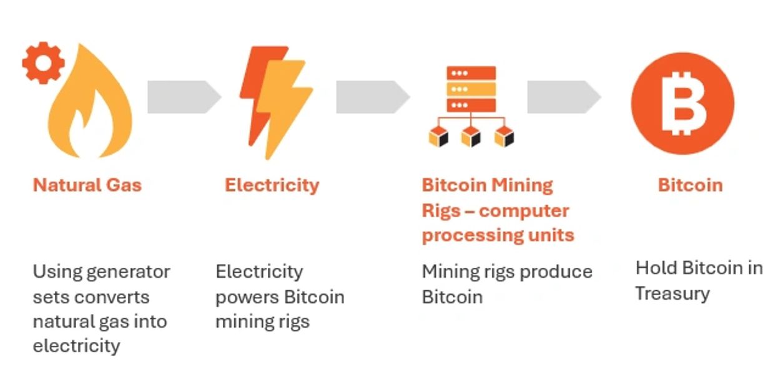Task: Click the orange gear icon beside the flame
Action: click(x=43, y=62)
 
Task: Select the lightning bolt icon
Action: click(x=275, y=100)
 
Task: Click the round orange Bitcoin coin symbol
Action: click(x=682, y=103)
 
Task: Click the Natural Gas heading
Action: click(x=87, y=185)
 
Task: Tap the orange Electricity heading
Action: click(x=272, y=185)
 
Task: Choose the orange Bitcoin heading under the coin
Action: click(x=690, y=185)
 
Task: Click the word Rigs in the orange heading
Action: click(x=442, y=211)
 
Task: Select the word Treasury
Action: click(x=672, y=293)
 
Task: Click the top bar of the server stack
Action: click(x=471, y=73)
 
